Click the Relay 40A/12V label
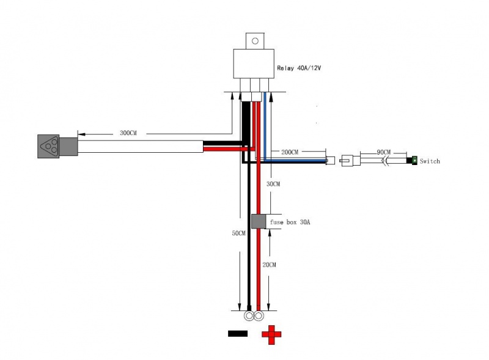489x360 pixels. coord(299,68)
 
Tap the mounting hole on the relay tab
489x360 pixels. coord(255,41)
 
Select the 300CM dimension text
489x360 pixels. coord(128,133)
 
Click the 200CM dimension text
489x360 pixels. coord(290,152)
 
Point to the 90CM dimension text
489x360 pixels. coord(384,152)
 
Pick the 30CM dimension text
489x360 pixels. coord(273,184)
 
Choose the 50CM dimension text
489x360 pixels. coord(238,233)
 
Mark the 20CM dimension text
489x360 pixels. coord(269,265)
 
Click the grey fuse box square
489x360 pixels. coord(259,221)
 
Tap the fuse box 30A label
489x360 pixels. coord(290,222)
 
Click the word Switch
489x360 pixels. coord(430,161)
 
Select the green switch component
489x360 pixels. coord(414,160)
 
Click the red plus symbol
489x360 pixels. coord(271,335)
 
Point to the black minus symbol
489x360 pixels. coord(238,334)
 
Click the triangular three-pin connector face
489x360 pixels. coord(48,146)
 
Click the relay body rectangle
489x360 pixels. coord(254,64)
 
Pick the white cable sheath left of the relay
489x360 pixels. coord(141,146)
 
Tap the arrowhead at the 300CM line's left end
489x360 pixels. coord(81,134)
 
